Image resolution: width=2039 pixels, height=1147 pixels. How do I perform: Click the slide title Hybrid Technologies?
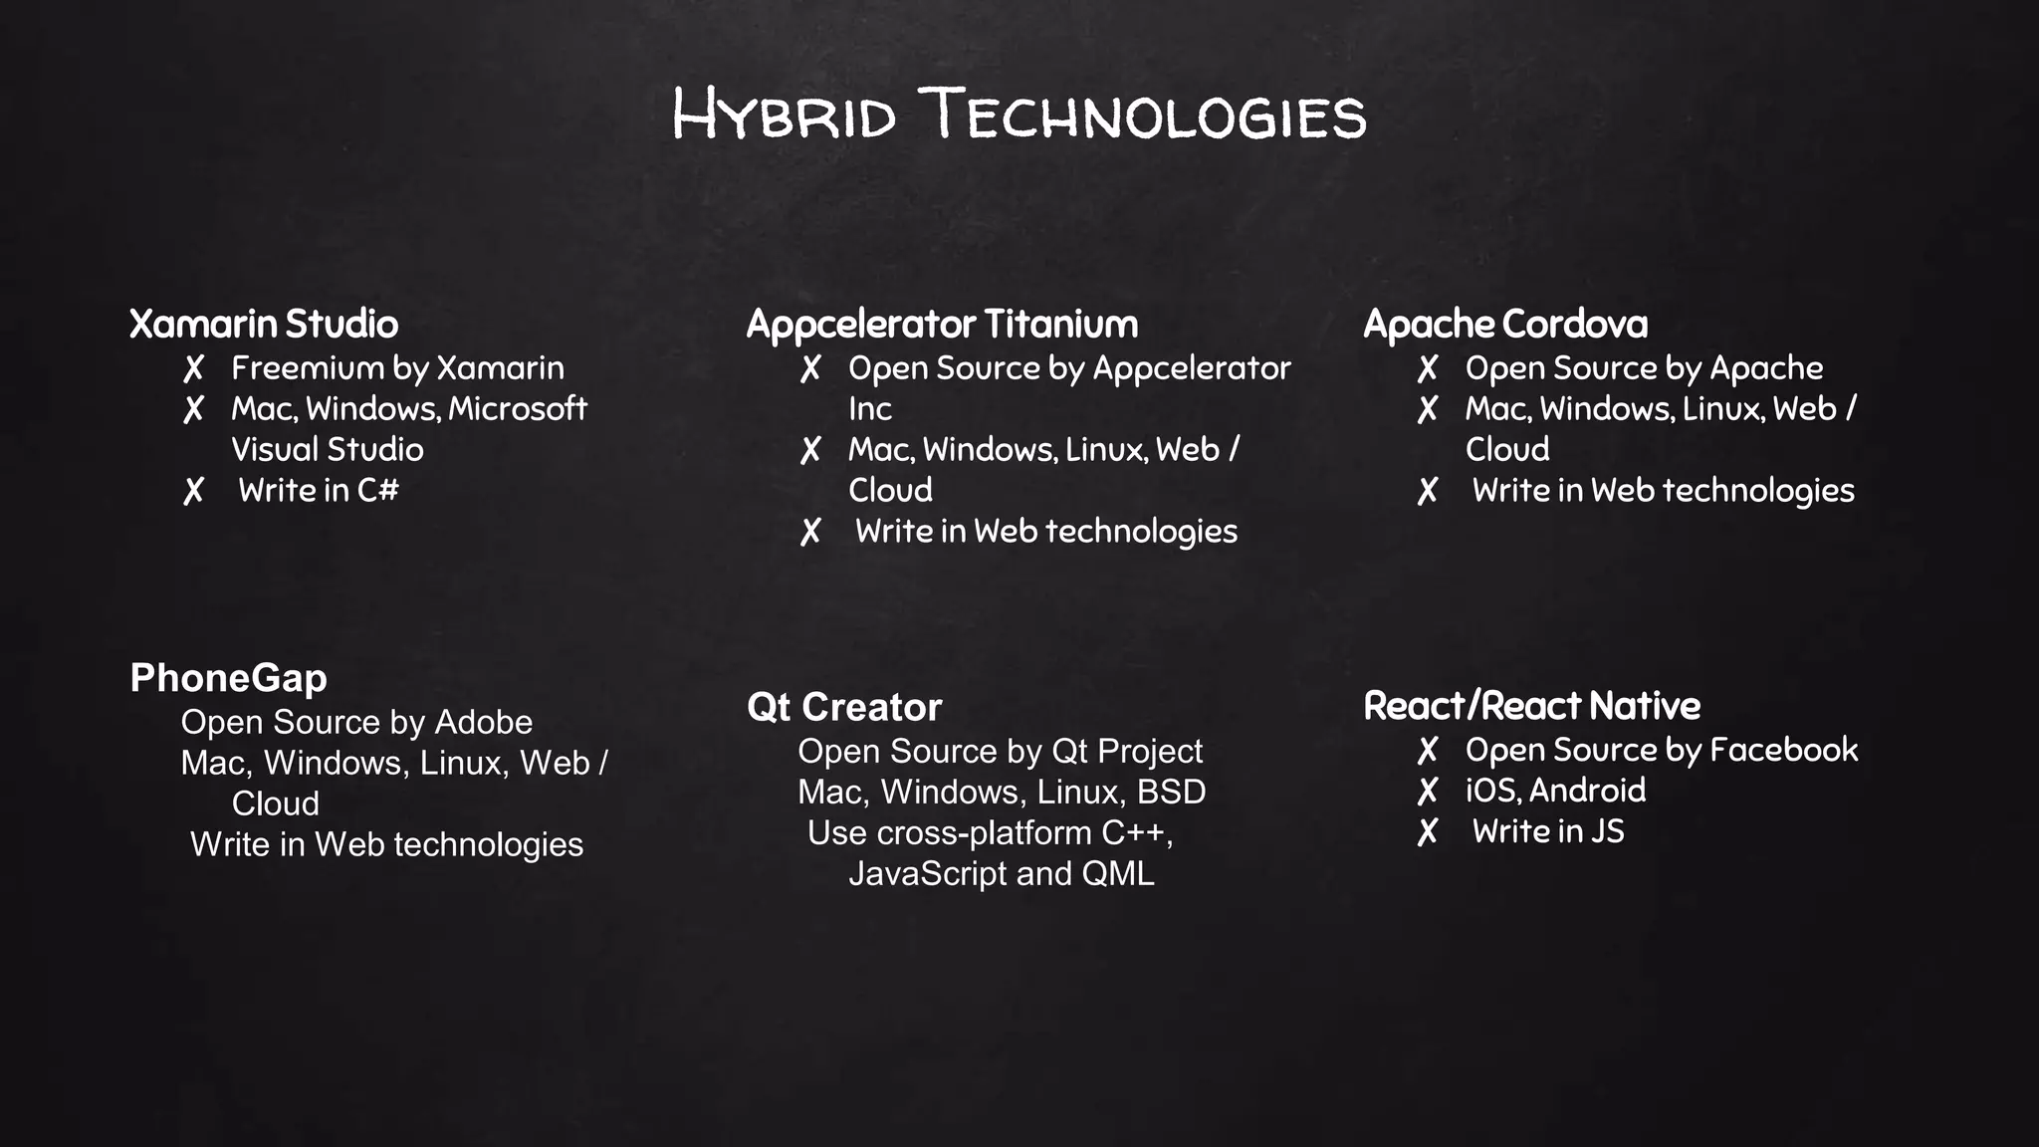point(1019,115)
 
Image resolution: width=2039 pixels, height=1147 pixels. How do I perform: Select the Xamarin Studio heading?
point(264,324)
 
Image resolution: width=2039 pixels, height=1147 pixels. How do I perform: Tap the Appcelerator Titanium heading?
point(942,325)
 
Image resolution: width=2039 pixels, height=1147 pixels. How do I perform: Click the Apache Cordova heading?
point(1505,324)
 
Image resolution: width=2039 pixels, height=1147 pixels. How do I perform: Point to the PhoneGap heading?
point(229,678)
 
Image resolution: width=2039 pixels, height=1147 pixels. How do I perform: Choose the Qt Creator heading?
point(844,707)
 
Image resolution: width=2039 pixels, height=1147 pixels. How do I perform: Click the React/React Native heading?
point(1532,706)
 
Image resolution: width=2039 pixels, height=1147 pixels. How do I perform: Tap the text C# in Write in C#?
point(378,490)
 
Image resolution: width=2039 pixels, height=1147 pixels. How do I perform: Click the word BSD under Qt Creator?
point(1172,792)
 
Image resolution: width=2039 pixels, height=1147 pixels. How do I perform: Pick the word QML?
point(1118,873)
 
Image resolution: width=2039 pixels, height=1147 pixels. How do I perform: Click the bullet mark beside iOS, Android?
point(1428,792)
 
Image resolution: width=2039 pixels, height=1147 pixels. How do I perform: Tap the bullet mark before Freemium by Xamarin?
point(194,369)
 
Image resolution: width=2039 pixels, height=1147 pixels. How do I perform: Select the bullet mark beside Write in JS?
point(1428,832)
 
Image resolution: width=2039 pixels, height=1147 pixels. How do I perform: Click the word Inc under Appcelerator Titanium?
point(870,409)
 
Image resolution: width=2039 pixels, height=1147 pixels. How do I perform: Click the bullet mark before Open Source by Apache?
point(1428,369)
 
